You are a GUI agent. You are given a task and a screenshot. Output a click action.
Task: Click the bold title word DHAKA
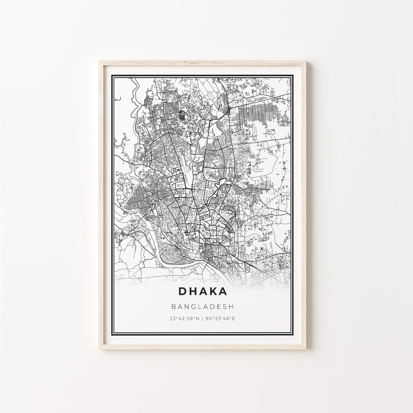coord(203,291)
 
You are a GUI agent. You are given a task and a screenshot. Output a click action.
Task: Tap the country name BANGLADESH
coord(203,306)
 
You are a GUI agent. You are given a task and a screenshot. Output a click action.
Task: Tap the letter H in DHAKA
coord(193,291)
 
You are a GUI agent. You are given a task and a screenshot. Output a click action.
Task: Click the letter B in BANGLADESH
coord(174,306)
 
